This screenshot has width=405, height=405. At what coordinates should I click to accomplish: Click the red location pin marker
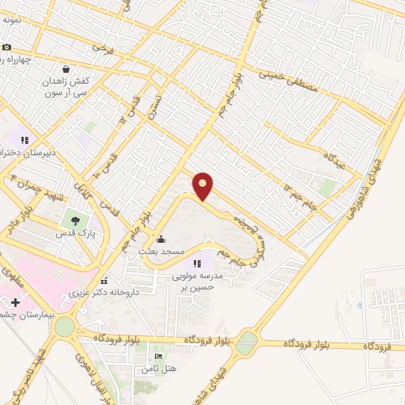click(x=203, y=185)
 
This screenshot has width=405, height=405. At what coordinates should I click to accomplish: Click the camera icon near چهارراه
click(x=6, y=47)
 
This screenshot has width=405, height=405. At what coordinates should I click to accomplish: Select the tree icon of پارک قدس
click(x=75, y=221)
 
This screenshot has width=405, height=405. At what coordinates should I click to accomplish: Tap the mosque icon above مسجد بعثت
click(x=161, y=239)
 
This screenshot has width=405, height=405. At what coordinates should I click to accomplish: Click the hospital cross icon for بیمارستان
click(x=15, y=303)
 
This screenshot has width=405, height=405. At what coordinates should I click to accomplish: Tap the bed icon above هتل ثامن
click(x=157, y=357)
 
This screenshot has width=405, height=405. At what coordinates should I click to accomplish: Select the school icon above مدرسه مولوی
click(x=197, y=263)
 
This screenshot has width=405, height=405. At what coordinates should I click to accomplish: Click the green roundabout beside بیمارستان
click(x=64, y=325)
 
